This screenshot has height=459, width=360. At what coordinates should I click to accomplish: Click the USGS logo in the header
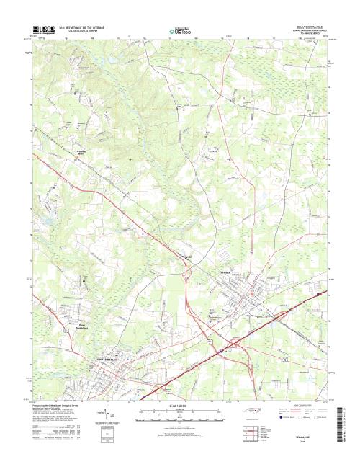(x=43, y=29)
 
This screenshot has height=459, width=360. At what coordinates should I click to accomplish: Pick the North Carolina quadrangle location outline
(x=249, y=413)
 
